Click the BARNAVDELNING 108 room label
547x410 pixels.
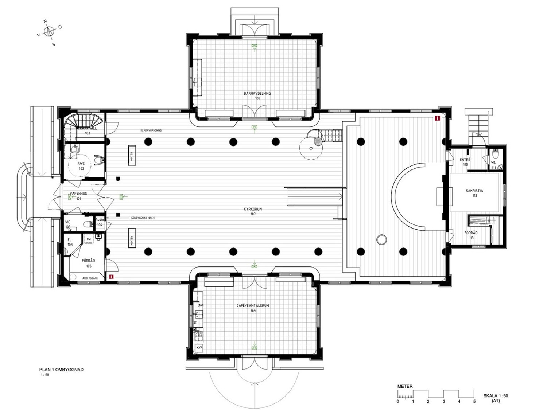pos(257,96)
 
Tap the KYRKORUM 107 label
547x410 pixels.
pos(253,212)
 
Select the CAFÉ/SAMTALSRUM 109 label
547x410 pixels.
pos(253,308)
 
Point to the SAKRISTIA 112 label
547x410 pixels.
pos(474,193)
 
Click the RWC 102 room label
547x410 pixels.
pos(81,166)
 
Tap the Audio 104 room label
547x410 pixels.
pos(100,222)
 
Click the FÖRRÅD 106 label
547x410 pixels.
pos(88,263)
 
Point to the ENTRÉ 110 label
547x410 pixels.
pos(465,162)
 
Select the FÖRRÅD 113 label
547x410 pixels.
pos(471,235)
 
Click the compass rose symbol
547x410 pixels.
pos(49,32)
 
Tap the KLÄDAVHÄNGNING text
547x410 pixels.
pos(151,130)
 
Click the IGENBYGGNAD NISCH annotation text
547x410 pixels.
pos(142,218)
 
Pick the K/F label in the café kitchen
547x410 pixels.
pos(199,348)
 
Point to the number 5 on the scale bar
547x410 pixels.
pos(474,401)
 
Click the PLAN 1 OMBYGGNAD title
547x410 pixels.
pos(61,370)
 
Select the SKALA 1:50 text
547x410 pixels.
pos(496,396)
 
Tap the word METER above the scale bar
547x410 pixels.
pos(405,386)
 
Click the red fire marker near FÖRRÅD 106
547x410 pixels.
pos(112,277)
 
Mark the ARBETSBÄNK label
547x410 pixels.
pos(90,278)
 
